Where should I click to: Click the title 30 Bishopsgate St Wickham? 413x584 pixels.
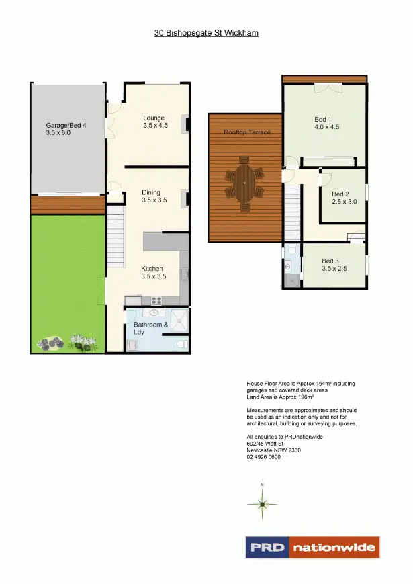(206, 32)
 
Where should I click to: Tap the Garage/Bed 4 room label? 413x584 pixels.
(67, 129)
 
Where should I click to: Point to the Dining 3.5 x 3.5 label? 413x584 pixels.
(154, 196)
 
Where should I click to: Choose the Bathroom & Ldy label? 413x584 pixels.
(150, 328)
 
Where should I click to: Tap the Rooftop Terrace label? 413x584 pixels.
(247, 132)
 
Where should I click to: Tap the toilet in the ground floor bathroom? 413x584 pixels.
(180, 345)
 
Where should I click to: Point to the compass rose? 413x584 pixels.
(263, 503)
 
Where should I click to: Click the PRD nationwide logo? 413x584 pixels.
(312, 547)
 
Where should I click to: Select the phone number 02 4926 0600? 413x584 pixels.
(263, 457)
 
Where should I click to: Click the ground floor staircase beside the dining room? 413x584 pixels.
(116, 229)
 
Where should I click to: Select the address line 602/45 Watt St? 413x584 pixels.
(267, 444)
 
